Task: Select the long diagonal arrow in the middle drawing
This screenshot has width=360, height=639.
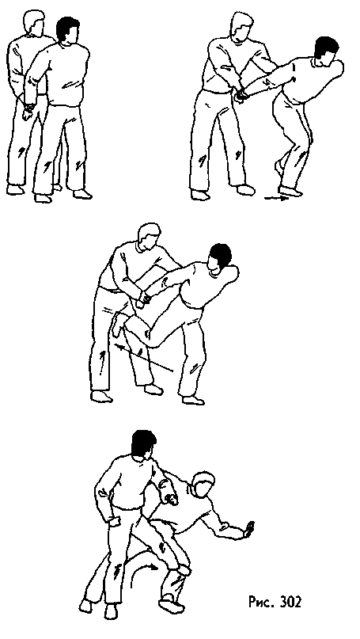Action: click(144, 357)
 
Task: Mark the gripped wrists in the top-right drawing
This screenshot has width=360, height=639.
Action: click(242, 95)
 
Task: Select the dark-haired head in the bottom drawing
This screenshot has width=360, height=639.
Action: click(143, 446)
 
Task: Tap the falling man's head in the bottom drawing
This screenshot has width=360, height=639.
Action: click(204, 484)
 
